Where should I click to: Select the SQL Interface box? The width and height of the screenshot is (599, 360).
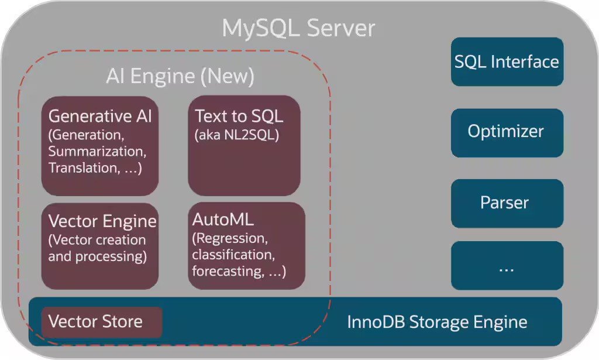tap(507, 62)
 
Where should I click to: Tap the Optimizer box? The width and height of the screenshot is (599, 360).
tap(507, 131)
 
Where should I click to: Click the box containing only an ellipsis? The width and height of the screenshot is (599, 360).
tap(507, 266)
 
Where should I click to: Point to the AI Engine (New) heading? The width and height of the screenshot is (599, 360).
tap(180, 76)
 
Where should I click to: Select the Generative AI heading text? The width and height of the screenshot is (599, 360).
tap(100, 116)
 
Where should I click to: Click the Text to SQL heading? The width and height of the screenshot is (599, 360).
tap(239, 116)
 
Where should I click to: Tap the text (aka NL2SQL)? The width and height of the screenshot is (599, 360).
tap(237, 135)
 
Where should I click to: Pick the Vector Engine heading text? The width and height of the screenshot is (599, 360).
tap(102, 221)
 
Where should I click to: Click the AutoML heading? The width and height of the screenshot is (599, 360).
tap(223, 220)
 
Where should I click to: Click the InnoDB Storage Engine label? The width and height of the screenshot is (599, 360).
tap(437, 322)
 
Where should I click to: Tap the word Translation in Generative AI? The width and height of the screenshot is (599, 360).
tap(81, 168)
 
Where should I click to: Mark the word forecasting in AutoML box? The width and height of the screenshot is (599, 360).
tap(225, 272)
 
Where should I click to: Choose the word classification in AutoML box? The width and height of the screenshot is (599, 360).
tap(232, 255)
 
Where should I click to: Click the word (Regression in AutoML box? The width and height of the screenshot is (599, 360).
tap(230, 239)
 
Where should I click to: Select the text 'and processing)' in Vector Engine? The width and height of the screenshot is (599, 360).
tap(97, 256)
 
